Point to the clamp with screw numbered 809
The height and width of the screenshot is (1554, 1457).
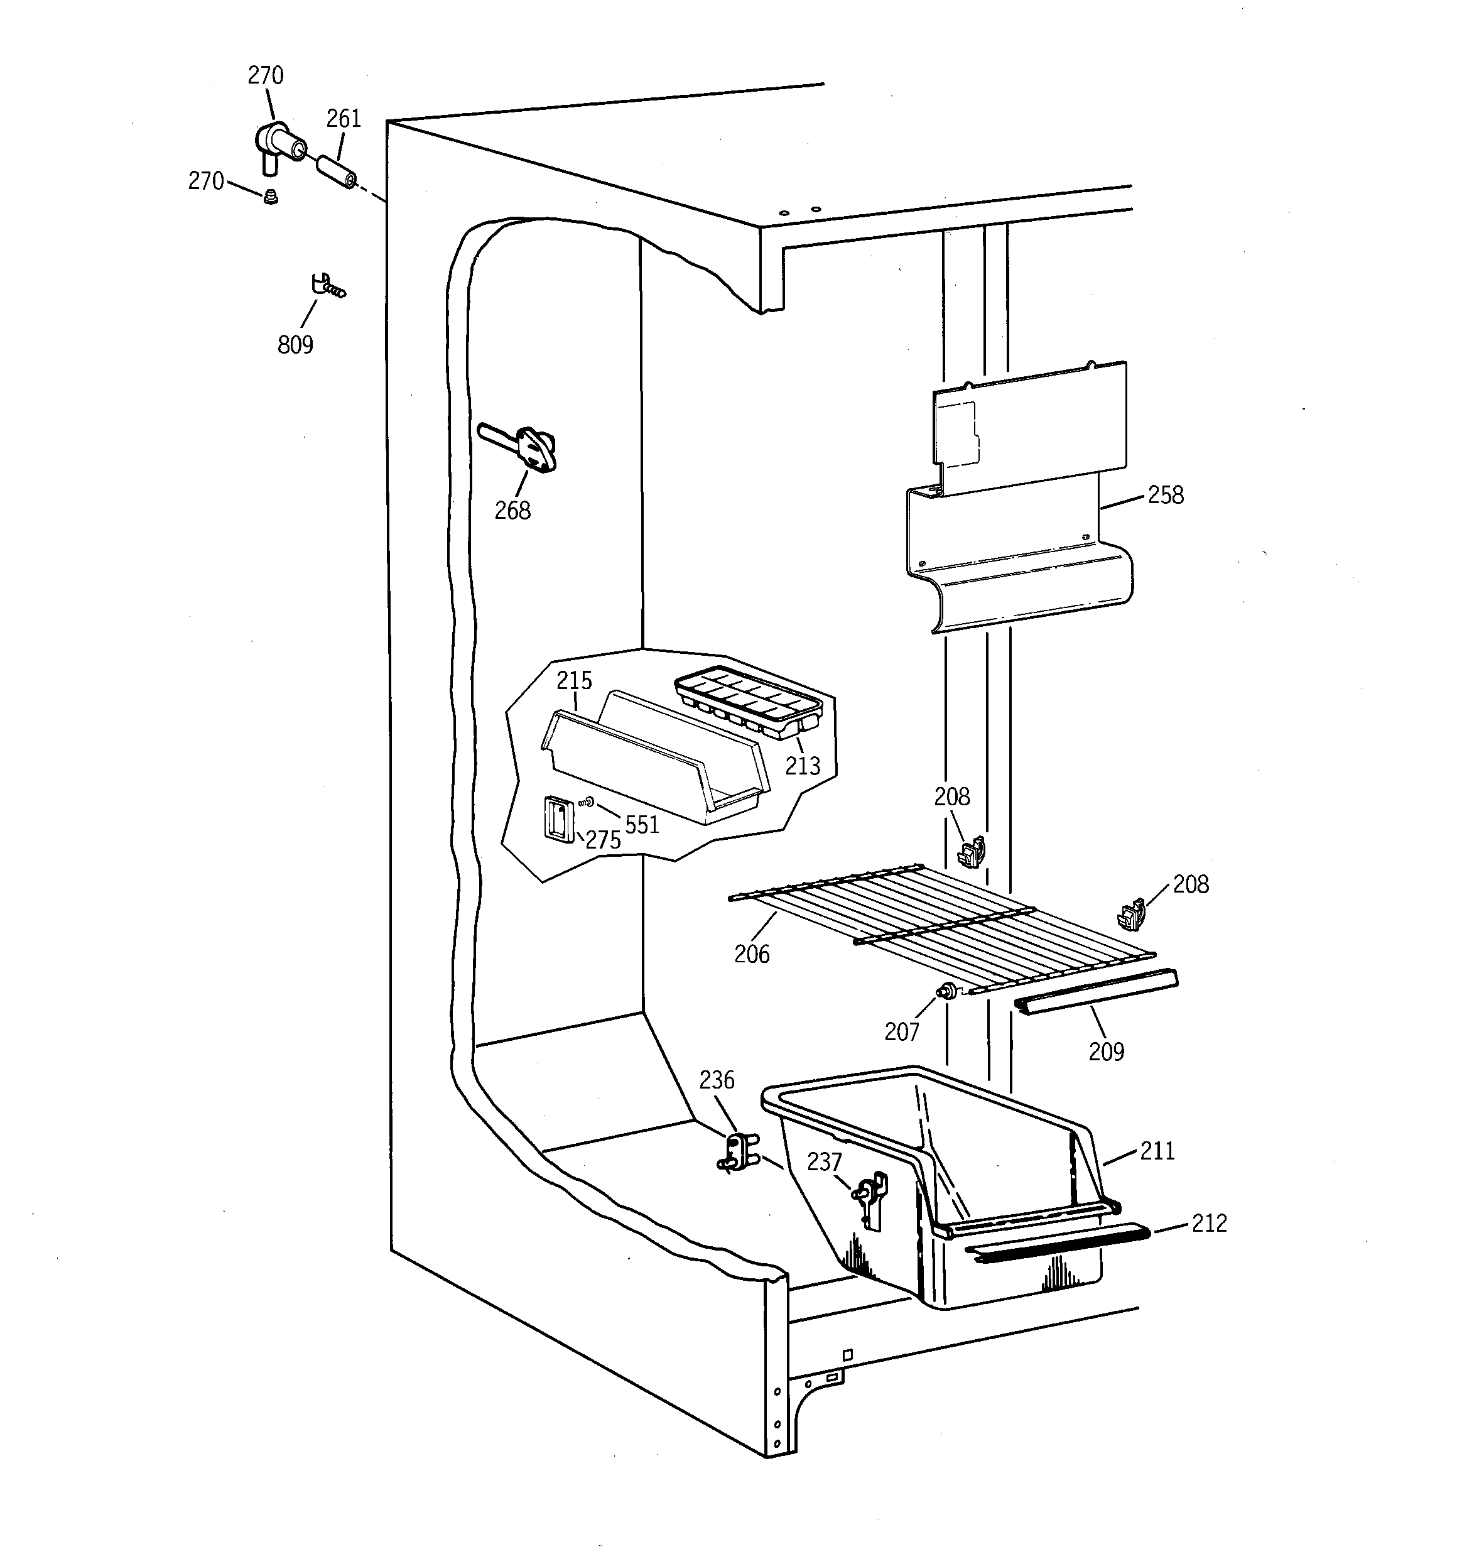325,286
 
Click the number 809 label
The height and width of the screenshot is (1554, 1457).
295,345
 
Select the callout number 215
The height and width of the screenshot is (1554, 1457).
575,680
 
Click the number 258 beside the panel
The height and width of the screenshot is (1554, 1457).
1166,495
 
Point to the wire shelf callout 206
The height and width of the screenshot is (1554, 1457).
752,954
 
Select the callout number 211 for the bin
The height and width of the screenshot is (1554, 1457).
1157,1151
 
